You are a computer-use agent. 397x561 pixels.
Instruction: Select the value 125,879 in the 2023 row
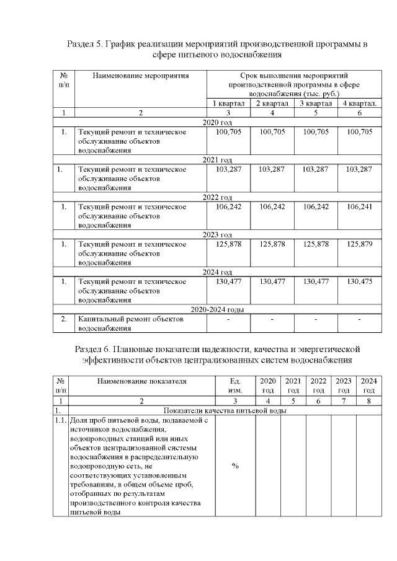point(360,244)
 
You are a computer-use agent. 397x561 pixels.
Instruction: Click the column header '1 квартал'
point(229,103)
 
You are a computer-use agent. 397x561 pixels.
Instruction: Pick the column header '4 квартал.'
point(360,103)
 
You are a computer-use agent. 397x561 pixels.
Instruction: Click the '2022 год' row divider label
point(217,197)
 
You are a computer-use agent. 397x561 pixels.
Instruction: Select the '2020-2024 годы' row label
point(217,309)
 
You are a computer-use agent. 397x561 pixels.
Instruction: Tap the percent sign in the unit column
point(235,466)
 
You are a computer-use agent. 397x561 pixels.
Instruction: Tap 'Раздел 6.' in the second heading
point(92,348)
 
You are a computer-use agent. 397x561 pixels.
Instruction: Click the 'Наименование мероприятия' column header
point(140,76)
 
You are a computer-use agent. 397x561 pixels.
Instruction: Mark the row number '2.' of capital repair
point(63,319)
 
